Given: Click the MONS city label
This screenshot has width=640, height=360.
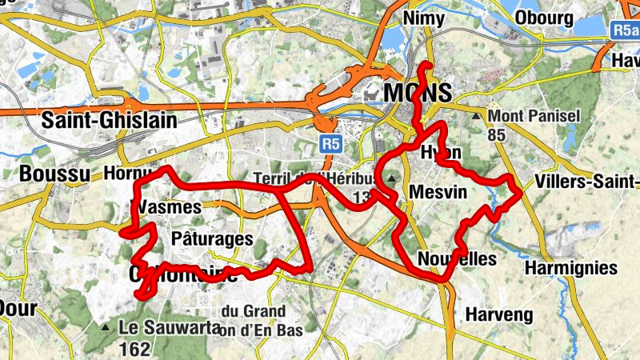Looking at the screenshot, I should coord(417,93).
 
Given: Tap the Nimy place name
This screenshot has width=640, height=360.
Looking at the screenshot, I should coord(425,18).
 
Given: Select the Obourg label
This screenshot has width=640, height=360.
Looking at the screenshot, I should coord(544,18).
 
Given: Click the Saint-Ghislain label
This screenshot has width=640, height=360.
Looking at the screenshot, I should coord(108,122).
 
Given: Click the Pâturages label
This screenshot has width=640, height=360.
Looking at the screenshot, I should coord(212,238).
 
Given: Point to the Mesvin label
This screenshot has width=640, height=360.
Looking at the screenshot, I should coord(437,192).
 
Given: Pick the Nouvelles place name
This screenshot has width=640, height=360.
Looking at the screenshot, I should coord(457,259).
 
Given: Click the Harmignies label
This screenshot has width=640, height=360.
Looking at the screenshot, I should coord(573,267).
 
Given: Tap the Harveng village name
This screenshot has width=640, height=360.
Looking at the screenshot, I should coord(498,314).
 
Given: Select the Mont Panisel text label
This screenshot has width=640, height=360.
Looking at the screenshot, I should coord(534,117).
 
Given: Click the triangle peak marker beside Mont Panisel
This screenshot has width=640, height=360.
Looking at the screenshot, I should coord(477,117).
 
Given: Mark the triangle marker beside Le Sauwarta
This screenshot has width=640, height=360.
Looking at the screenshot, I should coord(106,327).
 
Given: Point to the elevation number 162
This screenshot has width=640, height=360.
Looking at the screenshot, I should coord(134,348).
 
